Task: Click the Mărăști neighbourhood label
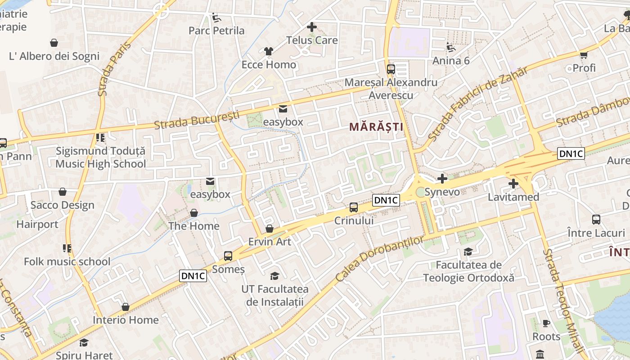click(376, 127)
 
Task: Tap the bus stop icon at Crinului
click(354, 207)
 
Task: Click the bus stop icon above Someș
click(228, 256)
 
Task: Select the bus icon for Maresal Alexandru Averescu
click(391, 69)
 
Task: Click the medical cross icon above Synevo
click(442, 179)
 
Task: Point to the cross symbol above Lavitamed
click(513, 184)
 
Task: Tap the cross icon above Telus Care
click(311, 27)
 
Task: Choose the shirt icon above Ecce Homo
click(269, 51)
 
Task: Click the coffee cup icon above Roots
click(546, 323)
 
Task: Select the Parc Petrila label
click(216, 31)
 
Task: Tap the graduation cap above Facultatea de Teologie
click(468, 252)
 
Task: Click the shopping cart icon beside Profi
click(584, 55)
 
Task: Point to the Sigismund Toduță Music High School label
click(101, 157)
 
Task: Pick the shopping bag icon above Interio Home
click(126, 307)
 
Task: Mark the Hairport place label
click(37, 224)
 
